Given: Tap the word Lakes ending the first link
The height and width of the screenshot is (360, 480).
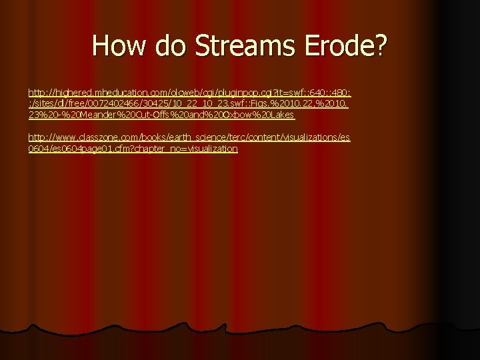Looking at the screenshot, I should click(282, 115).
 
